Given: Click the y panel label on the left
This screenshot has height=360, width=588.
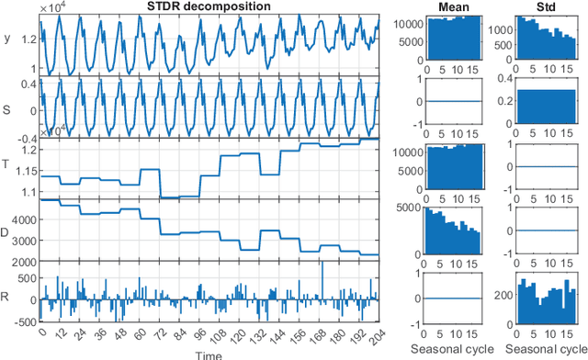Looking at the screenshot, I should pos(7,39).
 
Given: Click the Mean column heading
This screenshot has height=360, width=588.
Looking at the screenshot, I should pos(448,7).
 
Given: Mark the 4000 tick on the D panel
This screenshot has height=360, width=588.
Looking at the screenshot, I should pos(27,220).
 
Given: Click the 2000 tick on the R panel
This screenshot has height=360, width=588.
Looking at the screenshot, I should pos(27,263).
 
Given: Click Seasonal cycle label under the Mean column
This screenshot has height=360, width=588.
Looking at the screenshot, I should pos(449,351).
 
